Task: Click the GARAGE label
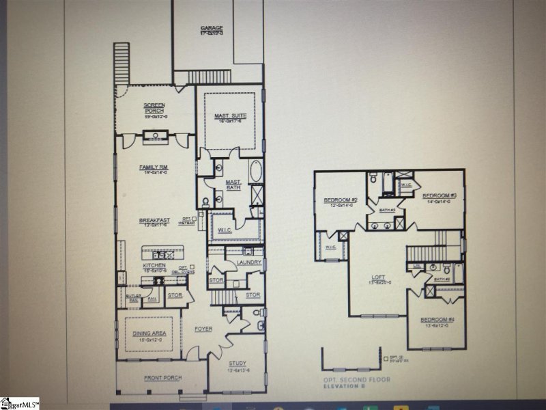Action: tap(212, 29)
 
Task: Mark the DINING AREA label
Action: tap(149, 333)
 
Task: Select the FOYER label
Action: tap(203, 329)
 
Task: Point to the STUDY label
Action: tap(238, 363)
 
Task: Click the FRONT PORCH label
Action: tap(160, 378)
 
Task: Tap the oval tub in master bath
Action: tap(256, 171)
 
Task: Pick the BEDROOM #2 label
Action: tap(339, 200)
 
